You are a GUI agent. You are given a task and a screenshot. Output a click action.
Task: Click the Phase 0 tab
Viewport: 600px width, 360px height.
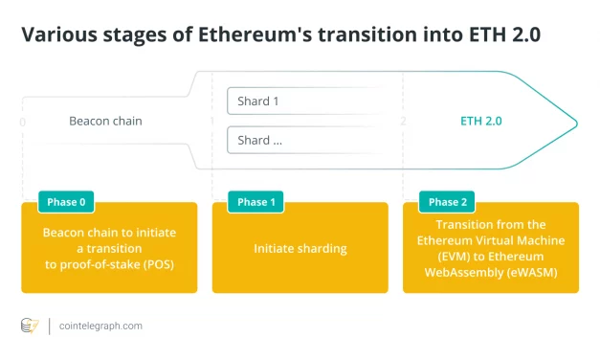pos(66,202)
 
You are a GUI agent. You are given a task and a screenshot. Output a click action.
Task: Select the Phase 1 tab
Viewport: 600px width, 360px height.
pos(253,202)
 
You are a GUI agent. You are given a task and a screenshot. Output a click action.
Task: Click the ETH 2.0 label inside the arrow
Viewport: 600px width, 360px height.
pos(480,122)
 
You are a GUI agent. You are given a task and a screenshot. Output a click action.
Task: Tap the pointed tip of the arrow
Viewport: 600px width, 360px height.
pos(576,122)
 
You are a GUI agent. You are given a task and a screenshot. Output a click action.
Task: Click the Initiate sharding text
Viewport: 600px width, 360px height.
pos(300,249)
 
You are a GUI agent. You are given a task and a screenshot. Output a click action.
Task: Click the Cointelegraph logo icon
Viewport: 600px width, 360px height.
pos(31,326)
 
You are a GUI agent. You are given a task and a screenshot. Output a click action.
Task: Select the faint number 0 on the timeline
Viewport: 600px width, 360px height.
pos(22,122)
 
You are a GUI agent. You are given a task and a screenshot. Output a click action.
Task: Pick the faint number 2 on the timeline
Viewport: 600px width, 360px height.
pos(403,122)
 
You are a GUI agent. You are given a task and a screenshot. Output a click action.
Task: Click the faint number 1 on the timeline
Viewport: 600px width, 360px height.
pos(212,122)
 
